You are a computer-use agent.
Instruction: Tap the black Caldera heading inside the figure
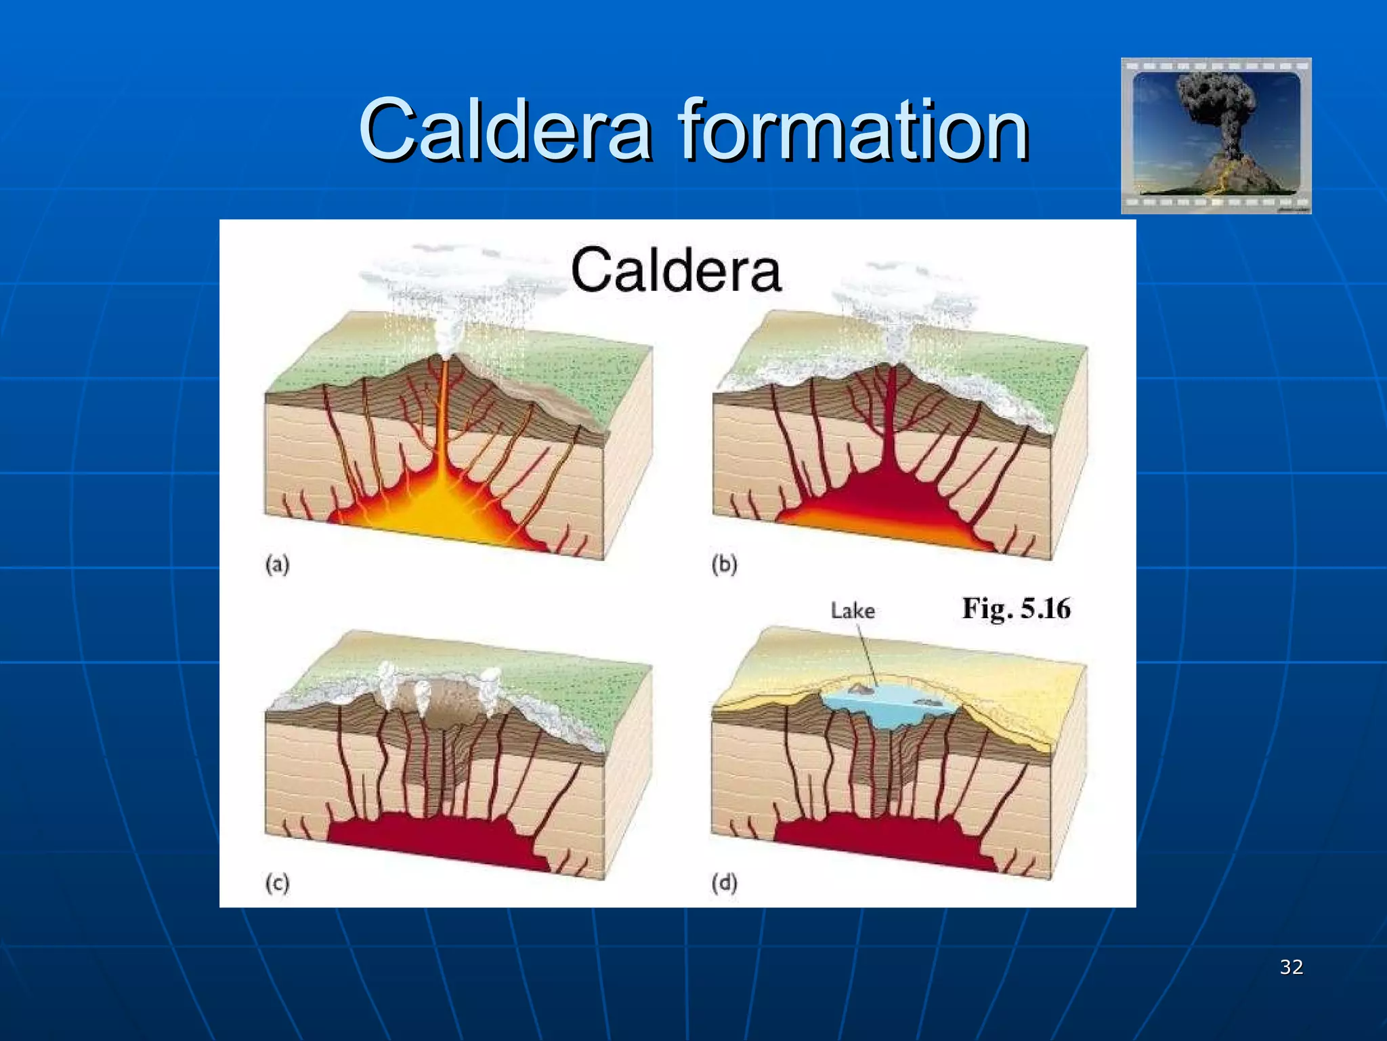pyautogui.click(x=676, y=270)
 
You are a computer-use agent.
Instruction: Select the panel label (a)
pyautogui.click(x=277, y=564)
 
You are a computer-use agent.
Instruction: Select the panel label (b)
pyautogui.click(x=724, y=564)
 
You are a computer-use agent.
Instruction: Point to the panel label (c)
pyautogui.click(x=277, y=882)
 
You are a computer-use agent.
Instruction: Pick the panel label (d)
pyautogui.click(x=724, y=882)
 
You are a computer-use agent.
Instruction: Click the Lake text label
pyautogui.click(x=853, y=611)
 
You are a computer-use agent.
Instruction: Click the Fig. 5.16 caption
pyautogui.click(x=1016, y=608)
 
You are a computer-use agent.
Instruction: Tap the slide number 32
pyautogui.click(x=1291, y=966)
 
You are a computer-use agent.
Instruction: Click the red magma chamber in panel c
pyautogui.click(x=433, y=837)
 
